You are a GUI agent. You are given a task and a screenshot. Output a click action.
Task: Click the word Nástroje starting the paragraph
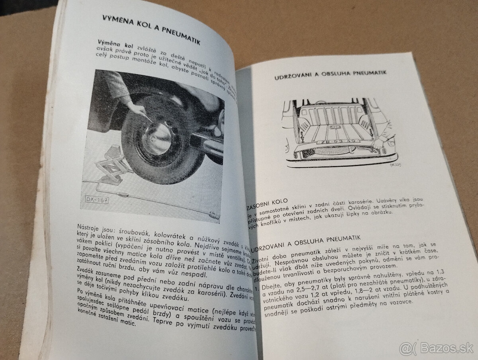[x=88, y=227]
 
